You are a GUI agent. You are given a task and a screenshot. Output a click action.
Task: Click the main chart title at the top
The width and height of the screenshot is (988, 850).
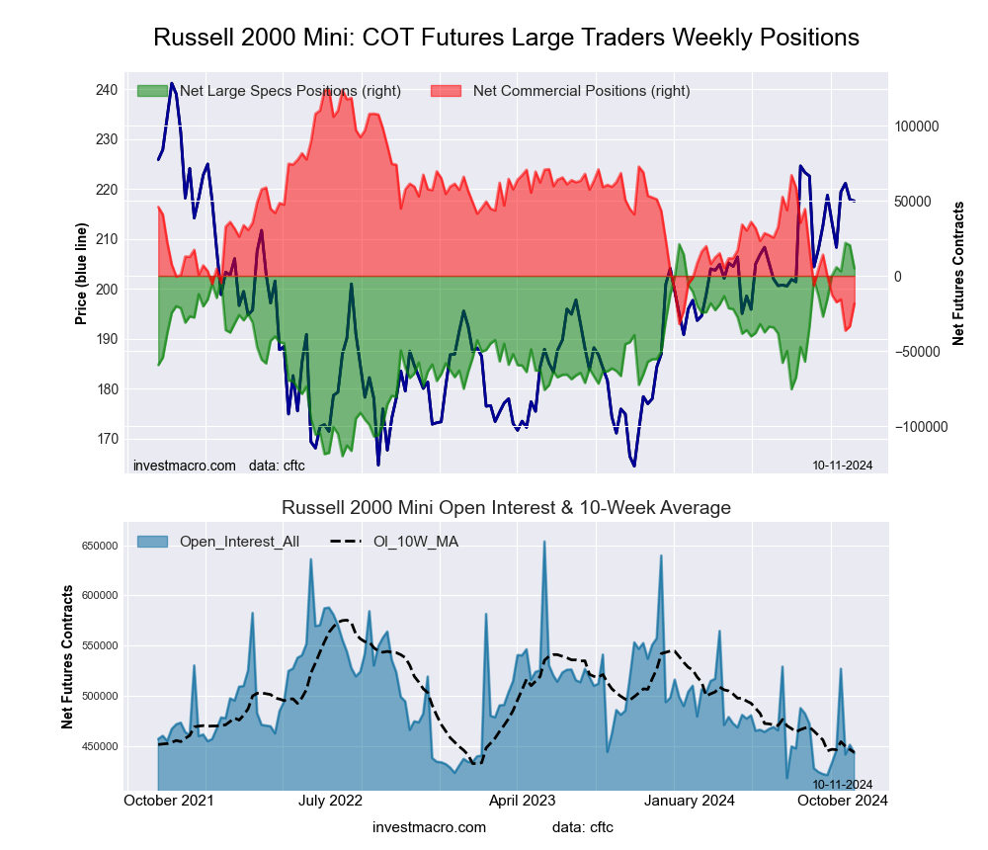coord(506,38)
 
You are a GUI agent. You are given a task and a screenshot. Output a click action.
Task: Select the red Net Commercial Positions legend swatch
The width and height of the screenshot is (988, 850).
coord(446,91)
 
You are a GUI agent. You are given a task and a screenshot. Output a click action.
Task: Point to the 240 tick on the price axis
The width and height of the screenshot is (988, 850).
coord(106,90)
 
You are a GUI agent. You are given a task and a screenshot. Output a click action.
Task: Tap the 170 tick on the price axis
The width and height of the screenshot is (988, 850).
coord(106,439)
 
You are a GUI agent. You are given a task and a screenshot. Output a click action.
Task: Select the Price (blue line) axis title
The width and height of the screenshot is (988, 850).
coord(81,275)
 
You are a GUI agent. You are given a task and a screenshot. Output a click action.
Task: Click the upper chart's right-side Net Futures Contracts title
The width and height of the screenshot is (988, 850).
coord(957,274)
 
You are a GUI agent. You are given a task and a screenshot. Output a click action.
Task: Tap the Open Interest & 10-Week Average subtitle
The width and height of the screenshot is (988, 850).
coord(506,508)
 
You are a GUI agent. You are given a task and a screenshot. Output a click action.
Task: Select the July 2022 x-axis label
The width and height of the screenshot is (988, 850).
coord(329,801)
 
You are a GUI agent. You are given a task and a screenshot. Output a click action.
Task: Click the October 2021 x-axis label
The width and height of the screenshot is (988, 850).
coord(169,801)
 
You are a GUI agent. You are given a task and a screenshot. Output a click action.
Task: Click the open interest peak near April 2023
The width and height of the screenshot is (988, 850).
coord(543,542)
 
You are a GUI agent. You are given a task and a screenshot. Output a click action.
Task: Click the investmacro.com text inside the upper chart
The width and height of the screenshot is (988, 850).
coord(185,465)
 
